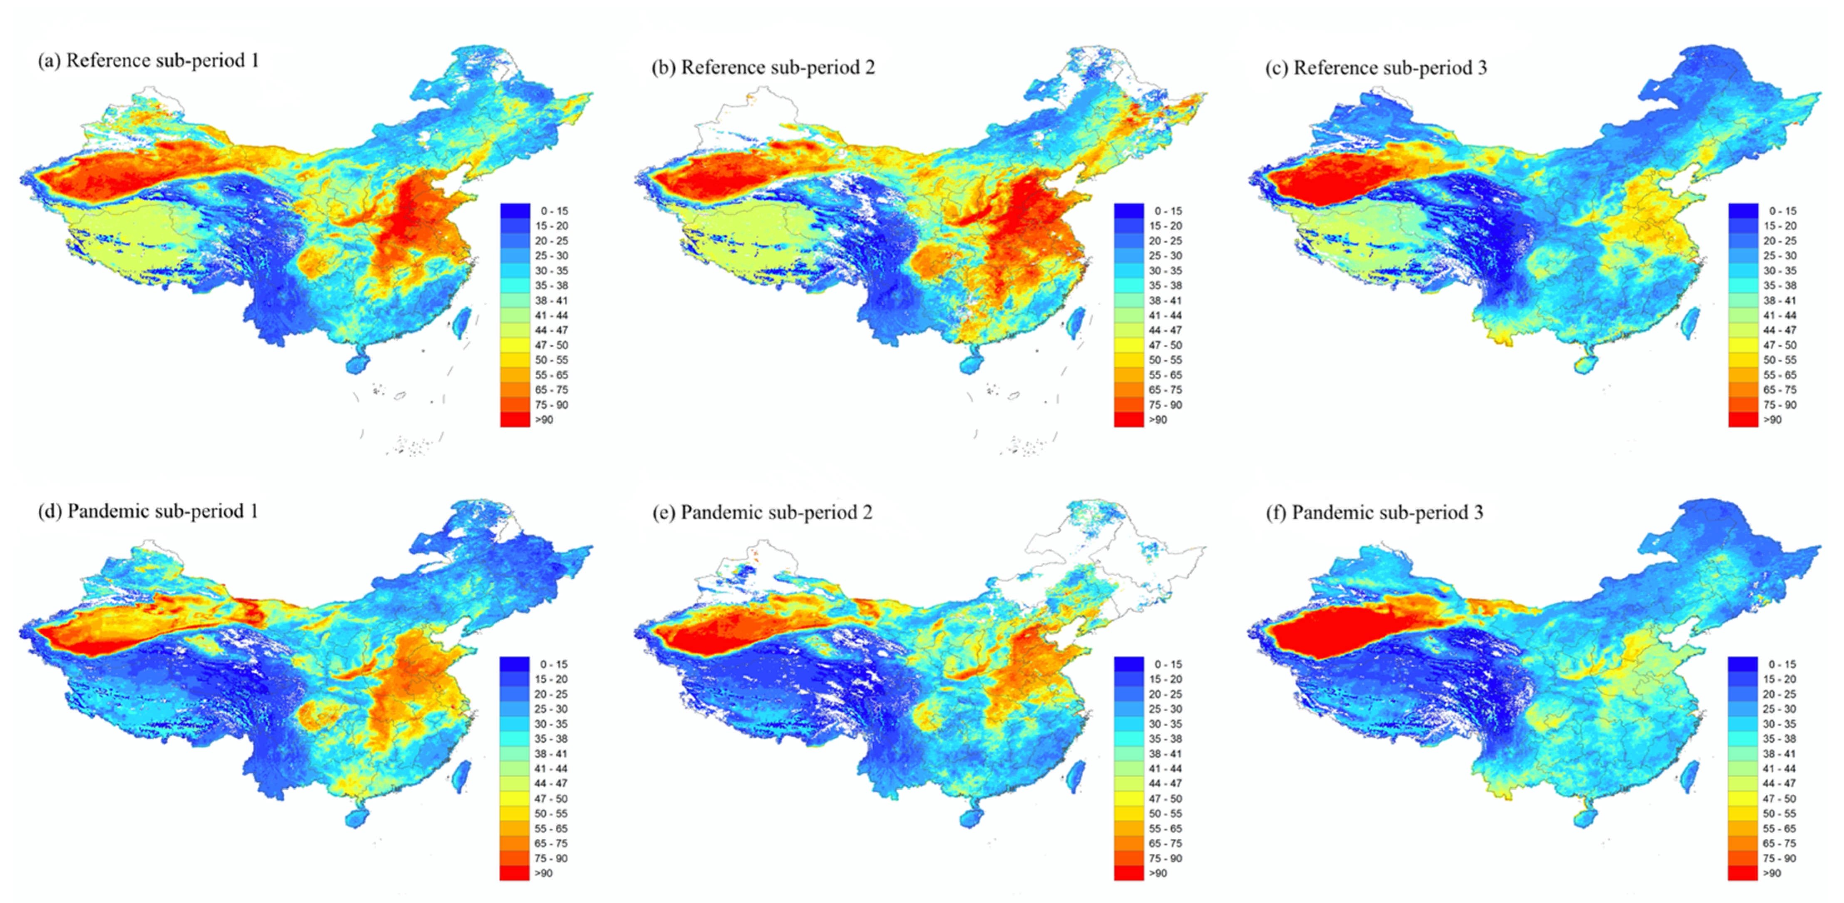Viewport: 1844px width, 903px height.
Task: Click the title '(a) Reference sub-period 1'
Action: (x=148, y=61)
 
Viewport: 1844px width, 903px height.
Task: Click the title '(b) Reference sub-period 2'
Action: (x=763, y=67)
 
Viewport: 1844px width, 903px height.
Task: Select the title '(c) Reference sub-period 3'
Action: (x=1375, y=67)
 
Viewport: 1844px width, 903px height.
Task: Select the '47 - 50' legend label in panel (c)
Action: (x=1780, y=345)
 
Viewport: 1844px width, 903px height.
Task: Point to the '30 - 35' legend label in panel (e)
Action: (x=1166, y=724)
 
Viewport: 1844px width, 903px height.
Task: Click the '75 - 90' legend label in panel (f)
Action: (x=1779, y=858)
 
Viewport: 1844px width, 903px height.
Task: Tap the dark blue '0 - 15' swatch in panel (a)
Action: (x=514, y=210)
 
